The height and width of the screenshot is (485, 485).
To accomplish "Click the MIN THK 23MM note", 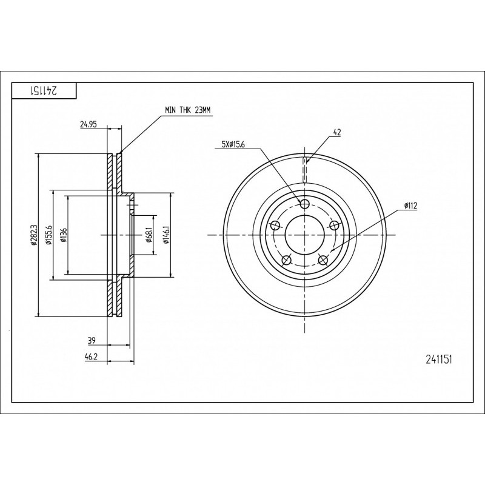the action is click(x=187, y=110).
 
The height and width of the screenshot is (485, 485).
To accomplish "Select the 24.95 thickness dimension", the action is click(x=89, y=125).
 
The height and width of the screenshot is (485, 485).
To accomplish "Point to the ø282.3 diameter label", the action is click(x=34, y=235).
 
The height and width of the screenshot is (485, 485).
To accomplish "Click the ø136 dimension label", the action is click(x=64, y=235).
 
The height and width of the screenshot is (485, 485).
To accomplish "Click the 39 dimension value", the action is click(x=92, y=341).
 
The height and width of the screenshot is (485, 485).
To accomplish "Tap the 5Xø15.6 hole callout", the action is click(x=233, y=144).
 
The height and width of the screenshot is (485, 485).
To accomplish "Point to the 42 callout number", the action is click(x=337, y=132).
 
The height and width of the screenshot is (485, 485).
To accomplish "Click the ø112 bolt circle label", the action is click(x=410, y=206).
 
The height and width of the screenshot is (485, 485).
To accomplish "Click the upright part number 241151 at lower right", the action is click(x=439, y=360).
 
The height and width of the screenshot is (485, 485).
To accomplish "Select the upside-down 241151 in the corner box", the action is click(x=43, y=90).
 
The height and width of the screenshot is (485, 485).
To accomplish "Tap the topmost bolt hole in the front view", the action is click(x=305, y=204).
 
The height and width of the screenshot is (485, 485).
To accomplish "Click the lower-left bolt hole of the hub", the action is click(x=287, y=260).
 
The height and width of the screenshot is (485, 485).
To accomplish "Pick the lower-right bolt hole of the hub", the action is click(x=323, y=260).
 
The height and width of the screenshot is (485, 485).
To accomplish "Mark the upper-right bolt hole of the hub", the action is click(x=335, y=225).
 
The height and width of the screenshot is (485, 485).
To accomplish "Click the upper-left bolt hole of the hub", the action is click(x=275, y=225).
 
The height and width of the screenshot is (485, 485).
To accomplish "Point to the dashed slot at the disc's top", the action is click(x=305, y=170).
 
